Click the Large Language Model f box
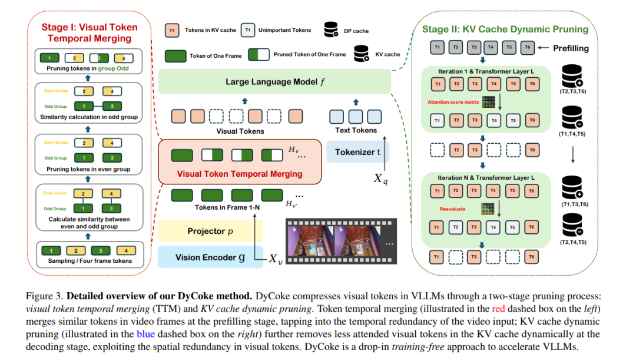(x=274, y=81)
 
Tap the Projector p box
(x=210, y=231)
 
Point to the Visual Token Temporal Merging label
(x=240, y=174)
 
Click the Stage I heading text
(x=89, y=32)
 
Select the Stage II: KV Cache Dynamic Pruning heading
(x=505, y=29)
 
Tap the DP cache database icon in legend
(x=331, y=29)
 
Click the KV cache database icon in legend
(x=360, y=54)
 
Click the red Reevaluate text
(x=452, y=209)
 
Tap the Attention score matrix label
(x=454, y=102)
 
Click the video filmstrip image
(x=340, y=242)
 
